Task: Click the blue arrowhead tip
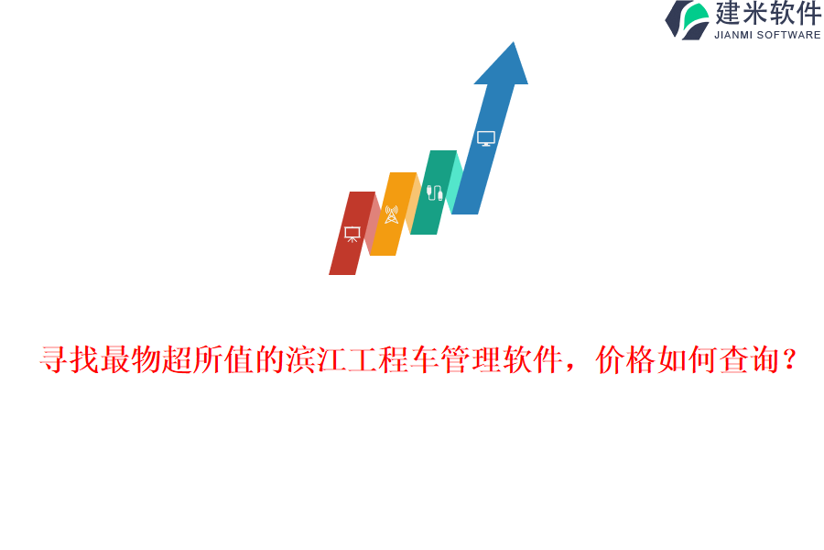pyautogui.click(x=513, y=43)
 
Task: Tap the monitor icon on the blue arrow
pyautogui.click(x=486, y=138)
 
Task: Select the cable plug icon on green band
pyautogui.click(x=434, y=192)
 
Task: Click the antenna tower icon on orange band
pyautogui.click(x=392, y=214)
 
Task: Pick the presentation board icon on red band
pyautogui.click(x=352, y=234)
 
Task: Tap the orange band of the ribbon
pyautogui.click(x=394, y=214)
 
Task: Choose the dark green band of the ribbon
pyautogui.click(x=434, y=192)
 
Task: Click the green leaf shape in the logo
pyautogui.click(x=697, y=16)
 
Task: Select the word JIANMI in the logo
pyautogui.click(x=733, y=35)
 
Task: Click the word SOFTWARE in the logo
pyautogui.click(x=789, y=35)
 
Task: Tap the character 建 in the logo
pyautogui.click(x=728, y=13)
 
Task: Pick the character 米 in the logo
pyautogui.click(x=754, y=13)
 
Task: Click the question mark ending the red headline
pyautogui.click(x=789, y=359)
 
